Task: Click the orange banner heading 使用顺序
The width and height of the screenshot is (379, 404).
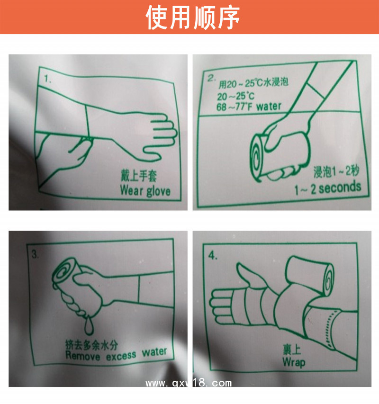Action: [193, 17]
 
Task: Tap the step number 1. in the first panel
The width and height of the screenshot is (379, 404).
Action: [48, 79]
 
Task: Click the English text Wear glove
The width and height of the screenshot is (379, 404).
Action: [145, 191]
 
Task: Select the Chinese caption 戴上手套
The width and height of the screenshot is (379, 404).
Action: [139, 176]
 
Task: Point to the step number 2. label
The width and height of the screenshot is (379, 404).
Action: [212, 78]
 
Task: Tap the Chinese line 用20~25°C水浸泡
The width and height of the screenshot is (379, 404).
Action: [253, 83]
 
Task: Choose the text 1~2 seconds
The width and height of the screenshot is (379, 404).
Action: [328, 188]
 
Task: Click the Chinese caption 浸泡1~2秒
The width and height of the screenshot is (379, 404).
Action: [336, 171]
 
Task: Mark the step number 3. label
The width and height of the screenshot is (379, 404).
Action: [35, 254]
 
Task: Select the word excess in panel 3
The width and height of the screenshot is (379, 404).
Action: [121, 356]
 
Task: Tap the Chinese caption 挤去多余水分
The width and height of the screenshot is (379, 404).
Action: [92, 344]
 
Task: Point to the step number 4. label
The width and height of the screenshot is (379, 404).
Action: [213, 256]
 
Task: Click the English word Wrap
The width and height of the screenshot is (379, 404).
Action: [294, 362]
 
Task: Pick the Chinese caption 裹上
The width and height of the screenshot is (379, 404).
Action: [292, 350]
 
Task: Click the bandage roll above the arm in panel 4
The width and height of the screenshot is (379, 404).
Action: [310, 275]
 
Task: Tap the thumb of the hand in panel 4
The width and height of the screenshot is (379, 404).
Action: [245, 274]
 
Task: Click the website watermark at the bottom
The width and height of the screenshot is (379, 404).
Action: [189, 383]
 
